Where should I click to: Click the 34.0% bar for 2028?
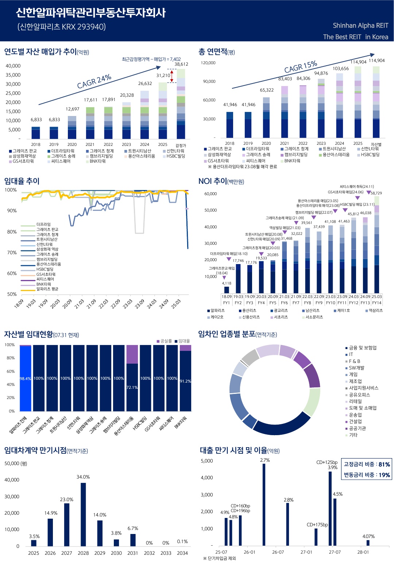pos(83,514)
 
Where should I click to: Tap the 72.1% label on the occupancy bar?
pos(132,387)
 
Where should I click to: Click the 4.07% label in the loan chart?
pos(368,536)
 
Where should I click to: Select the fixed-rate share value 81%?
pos(384,464)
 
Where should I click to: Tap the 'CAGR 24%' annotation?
pos(94,81)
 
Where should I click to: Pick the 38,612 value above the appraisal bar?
pos(181,64)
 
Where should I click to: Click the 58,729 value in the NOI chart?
pos(376,193)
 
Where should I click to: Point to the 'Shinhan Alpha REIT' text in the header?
pos(360,26)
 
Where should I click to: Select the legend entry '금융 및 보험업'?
pos(363,348)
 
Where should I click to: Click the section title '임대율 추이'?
pos(22,181)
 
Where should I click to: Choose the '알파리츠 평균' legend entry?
pos(47,289)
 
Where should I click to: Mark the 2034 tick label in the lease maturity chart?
pos(182,553)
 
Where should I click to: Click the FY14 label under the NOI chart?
pos(377,303)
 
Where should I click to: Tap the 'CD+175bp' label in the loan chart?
pos(317,525)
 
